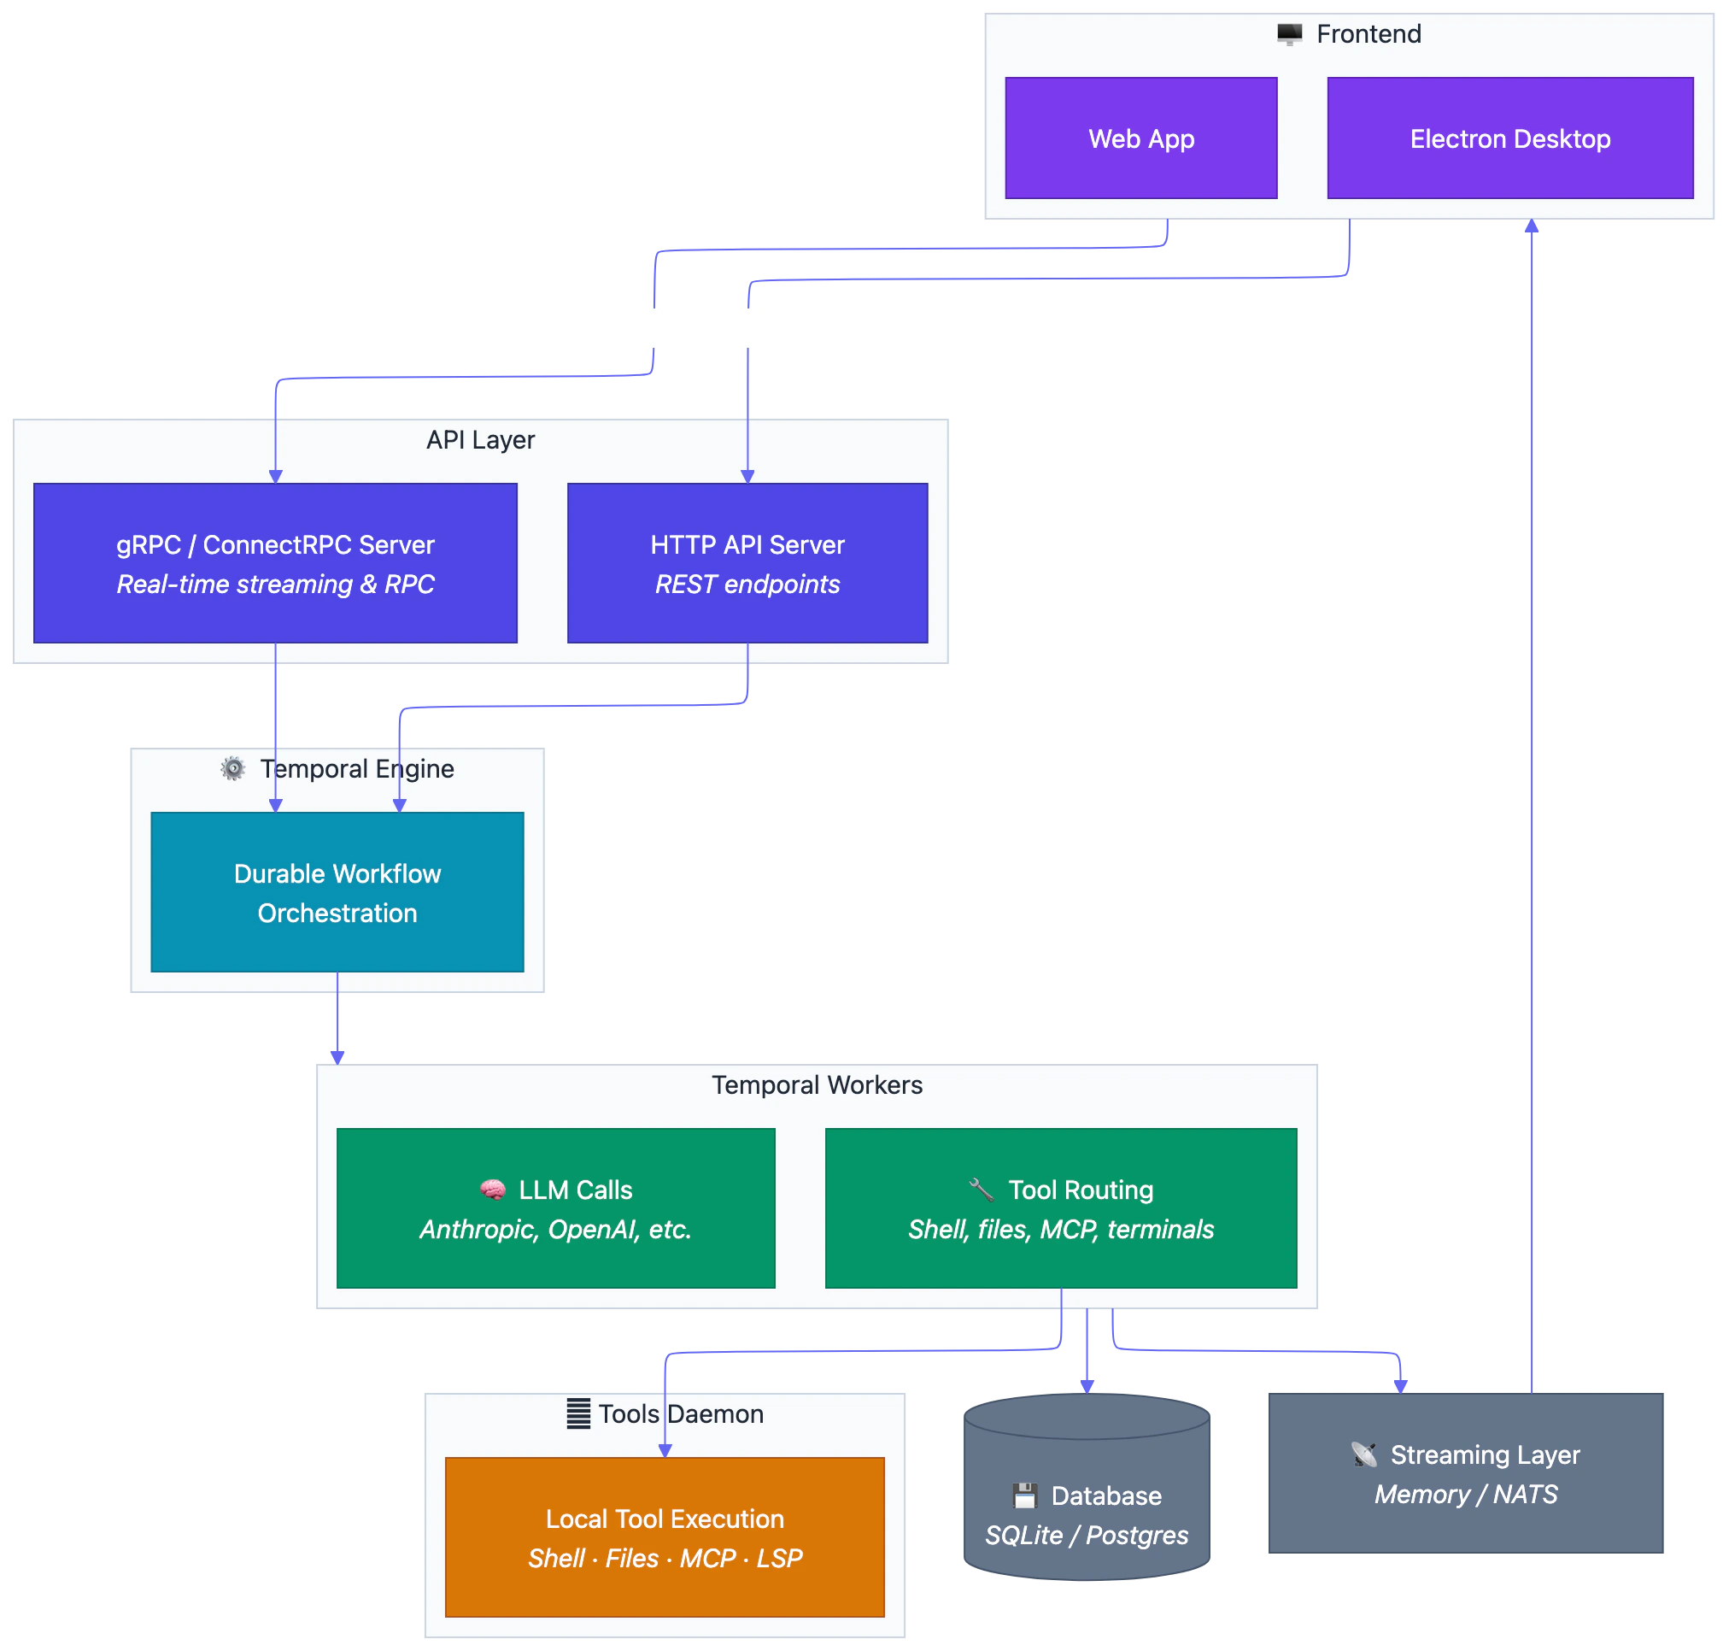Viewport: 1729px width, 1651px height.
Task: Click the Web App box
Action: (1140, 138)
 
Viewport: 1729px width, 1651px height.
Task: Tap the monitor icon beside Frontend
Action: (1289, 34)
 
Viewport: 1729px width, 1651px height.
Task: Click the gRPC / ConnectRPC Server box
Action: (274, 563)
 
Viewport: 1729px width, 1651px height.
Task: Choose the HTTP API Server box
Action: (747, 563)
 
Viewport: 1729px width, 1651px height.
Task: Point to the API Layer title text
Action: (480, 440)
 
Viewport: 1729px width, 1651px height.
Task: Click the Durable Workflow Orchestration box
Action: (337, 891)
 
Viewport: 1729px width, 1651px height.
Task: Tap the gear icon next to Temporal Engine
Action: (233, 768)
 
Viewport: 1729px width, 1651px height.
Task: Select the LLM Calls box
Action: (555, 1207)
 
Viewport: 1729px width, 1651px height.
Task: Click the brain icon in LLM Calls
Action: (493, 1190)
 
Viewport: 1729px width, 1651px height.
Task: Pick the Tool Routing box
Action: (1060, 1207)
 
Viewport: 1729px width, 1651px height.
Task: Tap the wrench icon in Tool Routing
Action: (981, 1190)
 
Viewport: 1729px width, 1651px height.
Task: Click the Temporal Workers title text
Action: (817, 1085)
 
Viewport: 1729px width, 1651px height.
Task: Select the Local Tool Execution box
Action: (665, 1536)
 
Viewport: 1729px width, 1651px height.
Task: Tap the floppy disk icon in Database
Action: (1024, 1495)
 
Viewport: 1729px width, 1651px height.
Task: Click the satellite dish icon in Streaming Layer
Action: (1364, 1454)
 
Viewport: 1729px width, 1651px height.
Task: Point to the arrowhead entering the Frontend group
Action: (1532, 226)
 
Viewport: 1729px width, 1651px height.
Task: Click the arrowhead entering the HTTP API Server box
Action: (747, 477)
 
